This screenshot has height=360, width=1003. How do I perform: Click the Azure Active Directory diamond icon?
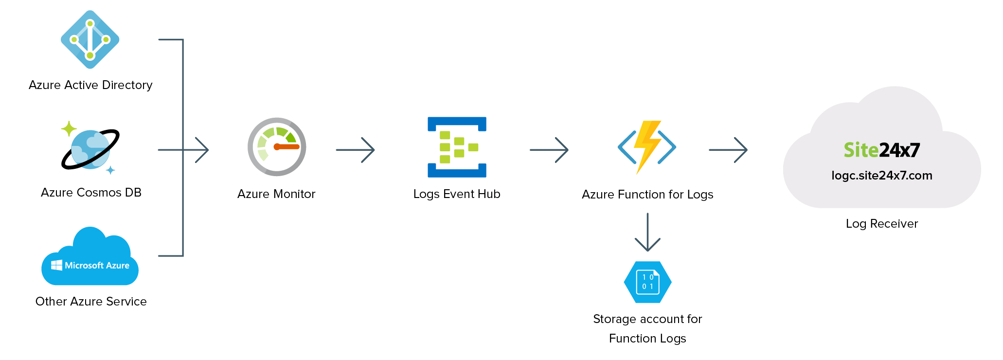pyautogui.click(x=90, y=39)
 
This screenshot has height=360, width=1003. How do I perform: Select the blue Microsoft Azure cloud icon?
pyautogui.click(x=90, y=258)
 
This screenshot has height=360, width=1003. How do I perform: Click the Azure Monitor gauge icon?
pyautogui.click(x=277, y=147)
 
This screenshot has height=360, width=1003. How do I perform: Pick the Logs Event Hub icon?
pyautogui.click(x=457, y=147)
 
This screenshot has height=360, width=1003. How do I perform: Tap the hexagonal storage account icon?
pyautogui.click(x=647, y=282)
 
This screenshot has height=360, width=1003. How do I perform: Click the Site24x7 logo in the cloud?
pyautogui.click(x=881, y=150)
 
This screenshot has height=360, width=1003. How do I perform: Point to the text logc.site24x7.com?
pyautogui.click(x=881, y=176)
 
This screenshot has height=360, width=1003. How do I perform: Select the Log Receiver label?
pyautogui.click(x=881, y=224)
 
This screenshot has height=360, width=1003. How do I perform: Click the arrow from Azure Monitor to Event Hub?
pyautogui.click(x=356, y=150)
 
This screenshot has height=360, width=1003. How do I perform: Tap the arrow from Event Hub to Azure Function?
pyautogui.click(x=549, y=150)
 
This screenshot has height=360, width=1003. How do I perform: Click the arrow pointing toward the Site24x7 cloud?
pyautogui.click(x=728, y=150)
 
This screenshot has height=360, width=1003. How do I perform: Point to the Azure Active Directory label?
pyautogui.click(x=90, y=85)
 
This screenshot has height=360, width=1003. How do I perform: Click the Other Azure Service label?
pyautogui.click(x=91, y=302)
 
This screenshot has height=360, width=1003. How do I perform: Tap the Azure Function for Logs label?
pyautogui.click(x=647, y=195)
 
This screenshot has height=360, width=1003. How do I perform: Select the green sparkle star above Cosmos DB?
pyautogui.click(x=69, y=129)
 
